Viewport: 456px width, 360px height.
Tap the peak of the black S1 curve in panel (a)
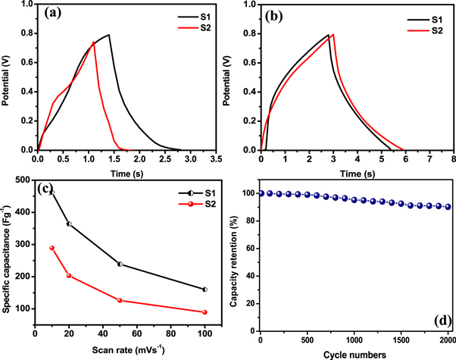coord(109,34)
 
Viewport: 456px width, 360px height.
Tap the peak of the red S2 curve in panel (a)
coord(93,42)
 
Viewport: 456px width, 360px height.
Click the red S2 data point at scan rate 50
coord(120,300)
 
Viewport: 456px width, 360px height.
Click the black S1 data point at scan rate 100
coord(205,290)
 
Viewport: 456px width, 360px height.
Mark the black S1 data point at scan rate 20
coord(69,224)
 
